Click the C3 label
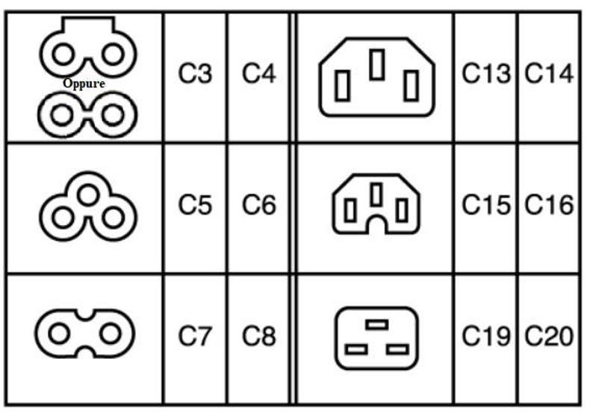pos(195,73)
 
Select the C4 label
pos(258,73)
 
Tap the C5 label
pos(195,205)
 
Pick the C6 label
pos(258,205)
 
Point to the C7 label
pos(195,336)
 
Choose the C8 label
pos(258,336)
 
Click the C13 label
pos(486,73)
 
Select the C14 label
pos(549,73)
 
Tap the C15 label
pos(486,205)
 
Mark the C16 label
pos(549,205)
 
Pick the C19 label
pos(486,336)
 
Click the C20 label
pos(549,336)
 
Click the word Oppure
pos(84,84)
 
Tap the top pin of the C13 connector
pos(377,64)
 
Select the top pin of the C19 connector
pos(376,325)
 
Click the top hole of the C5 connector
pos(88,194)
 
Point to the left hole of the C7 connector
pos(59,333)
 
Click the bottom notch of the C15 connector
pos(376,224)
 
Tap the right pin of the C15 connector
pos(402,210)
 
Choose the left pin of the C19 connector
pos(356,349)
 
